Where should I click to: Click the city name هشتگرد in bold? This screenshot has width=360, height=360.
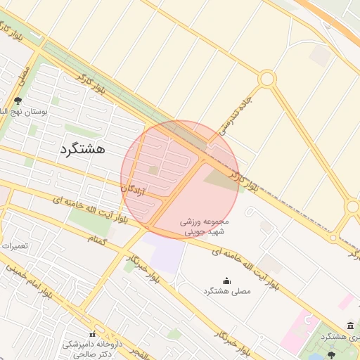pos(83,149)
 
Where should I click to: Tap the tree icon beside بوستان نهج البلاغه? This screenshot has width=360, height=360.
pos(17,101)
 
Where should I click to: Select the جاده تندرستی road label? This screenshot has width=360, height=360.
pos(236,113)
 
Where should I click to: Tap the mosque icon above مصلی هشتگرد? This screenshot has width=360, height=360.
pos(226,281)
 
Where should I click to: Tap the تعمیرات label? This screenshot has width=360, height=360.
pos(14,247)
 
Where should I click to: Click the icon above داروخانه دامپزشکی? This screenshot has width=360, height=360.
pos(92,333)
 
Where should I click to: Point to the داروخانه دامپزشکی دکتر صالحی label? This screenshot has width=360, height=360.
pos(89,349)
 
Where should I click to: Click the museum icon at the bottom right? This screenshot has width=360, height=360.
pos(350,324)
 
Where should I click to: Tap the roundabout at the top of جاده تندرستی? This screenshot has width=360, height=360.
pos(266,79)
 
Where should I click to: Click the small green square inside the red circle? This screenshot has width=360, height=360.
pos(153,169)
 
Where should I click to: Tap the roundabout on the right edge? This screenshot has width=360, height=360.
pos(353,207)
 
